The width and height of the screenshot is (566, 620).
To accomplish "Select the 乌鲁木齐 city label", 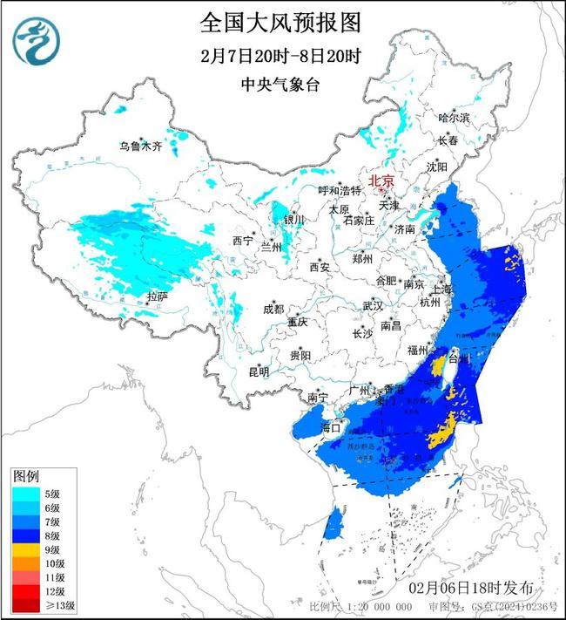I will tap(141, 146).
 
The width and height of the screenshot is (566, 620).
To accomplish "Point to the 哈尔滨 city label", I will tap(454, 117).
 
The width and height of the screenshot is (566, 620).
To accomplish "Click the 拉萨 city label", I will tap(157, 296).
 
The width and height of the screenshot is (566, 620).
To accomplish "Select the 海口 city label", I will tap(332, 428).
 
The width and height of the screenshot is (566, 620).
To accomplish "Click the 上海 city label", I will tap(441, 289).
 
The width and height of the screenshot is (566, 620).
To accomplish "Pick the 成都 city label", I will tap(273, 309).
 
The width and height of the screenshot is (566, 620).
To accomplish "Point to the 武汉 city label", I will tap(373, 306).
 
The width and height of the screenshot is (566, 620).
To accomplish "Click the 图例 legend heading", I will tap(25, 475).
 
